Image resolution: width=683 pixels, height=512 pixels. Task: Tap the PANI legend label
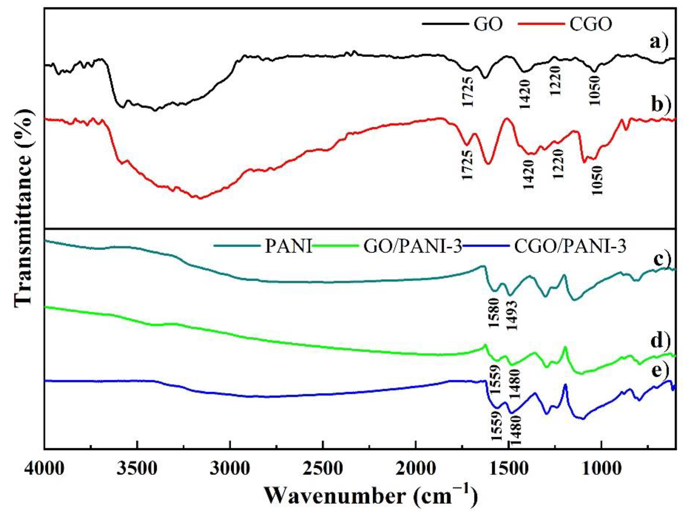click(x=288, y=247)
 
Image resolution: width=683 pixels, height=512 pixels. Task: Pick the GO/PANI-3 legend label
click(x=412, y=247)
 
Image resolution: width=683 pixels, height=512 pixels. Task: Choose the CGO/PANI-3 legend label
click(x=570, y=247)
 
